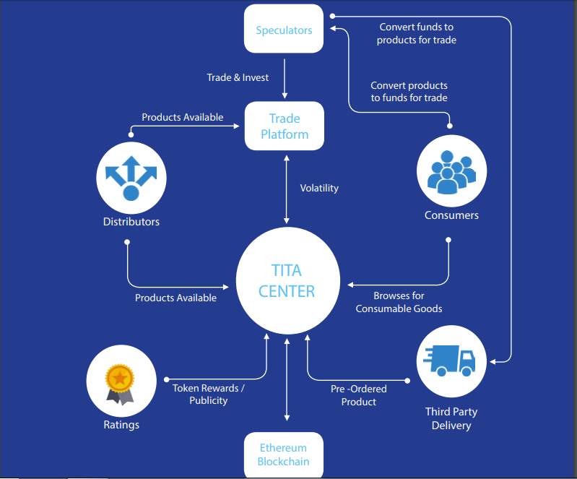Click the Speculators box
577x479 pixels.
pyautogui.click(x=284, y=30)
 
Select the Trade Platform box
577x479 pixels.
pyautogui.click(x=284, y=126)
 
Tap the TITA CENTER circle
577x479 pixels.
pyautogui.click(x=287, y=281)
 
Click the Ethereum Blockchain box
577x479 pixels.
pyautogui.click(x=283, y=455)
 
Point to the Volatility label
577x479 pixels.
pyautogui.click(x=319, y=188)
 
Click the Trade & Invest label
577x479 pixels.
pyautogui.click(x=238, y=77)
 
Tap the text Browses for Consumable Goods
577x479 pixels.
pyautogui.click(x=399, y=302)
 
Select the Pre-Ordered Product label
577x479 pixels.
pyautogui.click(x=359, y=395)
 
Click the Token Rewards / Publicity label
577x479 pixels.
pyautogui.click(x=209, y=394)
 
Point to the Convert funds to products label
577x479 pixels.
pyautogui.click(x=417, y=33)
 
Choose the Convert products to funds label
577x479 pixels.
pyautogui.click(x=409, y=92)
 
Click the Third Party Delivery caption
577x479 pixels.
pyautogui.click(x=451, y=418)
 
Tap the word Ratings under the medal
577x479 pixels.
pyautogui.click(x=121, y=425)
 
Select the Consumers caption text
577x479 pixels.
pyautogui.click(x=451, y=215)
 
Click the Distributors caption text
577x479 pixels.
pyautogui.click(x=131, y=221)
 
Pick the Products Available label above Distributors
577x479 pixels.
pyautogui.click(x=182, y=117)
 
